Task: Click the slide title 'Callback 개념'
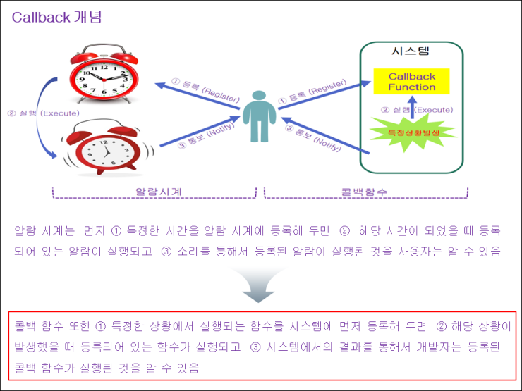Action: [x=56, y=17]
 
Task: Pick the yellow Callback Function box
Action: [x=412, y=82]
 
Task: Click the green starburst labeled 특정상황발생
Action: [x=412, y=132]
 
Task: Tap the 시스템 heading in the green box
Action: [x=411, y=51]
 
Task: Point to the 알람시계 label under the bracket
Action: [x=154, y=192]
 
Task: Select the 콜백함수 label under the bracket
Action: [x=365, y=192]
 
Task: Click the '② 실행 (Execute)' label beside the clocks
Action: [x=42, y=113]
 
